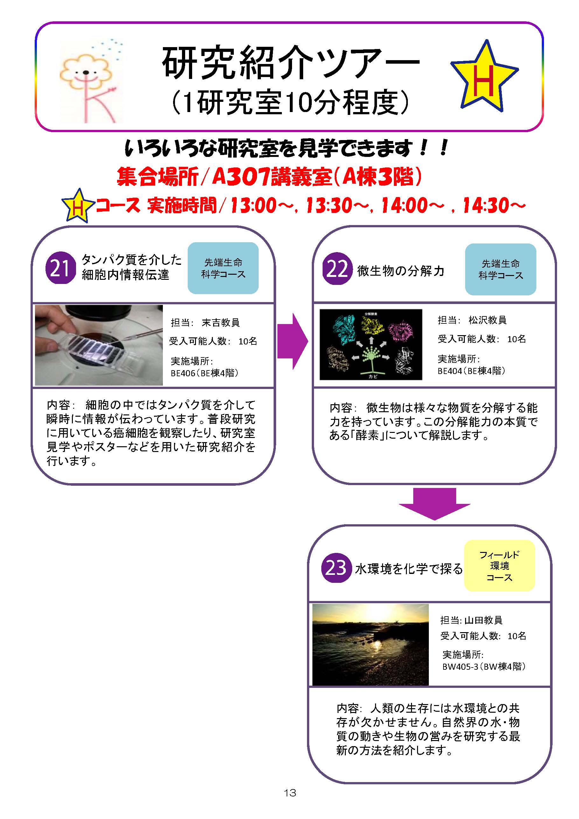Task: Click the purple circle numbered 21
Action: (61, 268)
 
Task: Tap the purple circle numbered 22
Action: (337, 269)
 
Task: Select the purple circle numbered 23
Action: (336, 568)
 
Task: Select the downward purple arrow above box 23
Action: (434, 504)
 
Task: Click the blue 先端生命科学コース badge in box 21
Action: (223, 268)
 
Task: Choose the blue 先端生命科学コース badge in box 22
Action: (500, 269)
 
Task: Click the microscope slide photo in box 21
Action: (99, 345)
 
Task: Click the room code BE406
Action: (183, 373)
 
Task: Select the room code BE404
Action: (450, 371)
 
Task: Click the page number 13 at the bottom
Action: (290, 793)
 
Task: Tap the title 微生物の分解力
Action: (401, 271)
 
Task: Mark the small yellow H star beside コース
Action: (78, 206)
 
